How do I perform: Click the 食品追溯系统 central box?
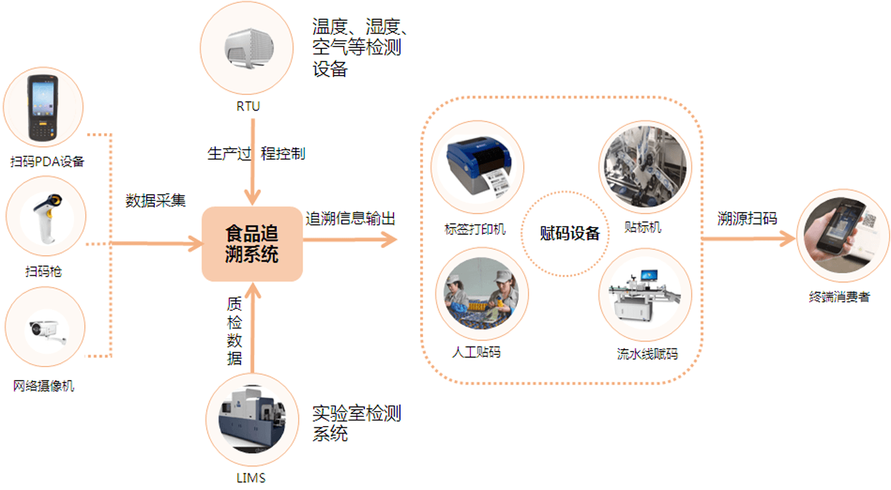252,244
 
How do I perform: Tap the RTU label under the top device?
248,106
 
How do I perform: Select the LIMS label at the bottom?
251,478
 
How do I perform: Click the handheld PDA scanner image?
43,108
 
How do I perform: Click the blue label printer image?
477,167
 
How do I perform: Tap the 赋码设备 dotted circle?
569,233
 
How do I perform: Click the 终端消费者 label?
839,297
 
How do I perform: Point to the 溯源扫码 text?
747,218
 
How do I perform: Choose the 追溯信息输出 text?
350,218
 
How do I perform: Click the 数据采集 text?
155,200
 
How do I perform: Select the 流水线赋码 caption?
647,354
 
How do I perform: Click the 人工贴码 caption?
476,352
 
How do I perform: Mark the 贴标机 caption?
643,228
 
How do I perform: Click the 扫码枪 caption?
44,272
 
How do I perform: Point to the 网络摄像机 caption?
44,386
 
